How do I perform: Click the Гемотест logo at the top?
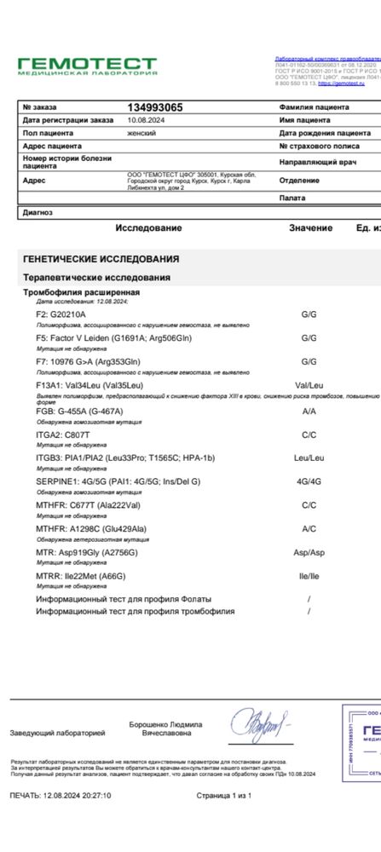[x=88, y=66]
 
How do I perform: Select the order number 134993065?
[x=154, y=107]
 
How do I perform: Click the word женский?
[x=143, y=133]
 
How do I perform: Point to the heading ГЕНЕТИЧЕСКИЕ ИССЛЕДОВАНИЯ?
[x=101, y=259]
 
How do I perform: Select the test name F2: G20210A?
[x=61, y=314]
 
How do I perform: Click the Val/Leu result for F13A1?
[x=309, y=386]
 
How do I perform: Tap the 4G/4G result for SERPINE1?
[x=309, y=481]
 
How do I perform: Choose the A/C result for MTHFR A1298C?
[x=309, y=528]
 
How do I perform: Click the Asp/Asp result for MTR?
[x=309, y=552]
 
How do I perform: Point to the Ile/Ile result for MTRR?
[x=309, y=576]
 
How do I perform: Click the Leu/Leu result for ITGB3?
[x=309, y=458]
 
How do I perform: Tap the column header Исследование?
[x=148, y=228]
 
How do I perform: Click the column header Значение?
[x=310, y=228]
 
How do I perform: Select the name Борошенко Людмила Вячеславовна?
[x=165, y=728]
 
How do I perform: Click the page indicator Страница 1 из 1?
[x=223, y=795]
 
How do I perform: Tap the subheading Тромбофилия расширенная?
[x=81, y=292]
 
